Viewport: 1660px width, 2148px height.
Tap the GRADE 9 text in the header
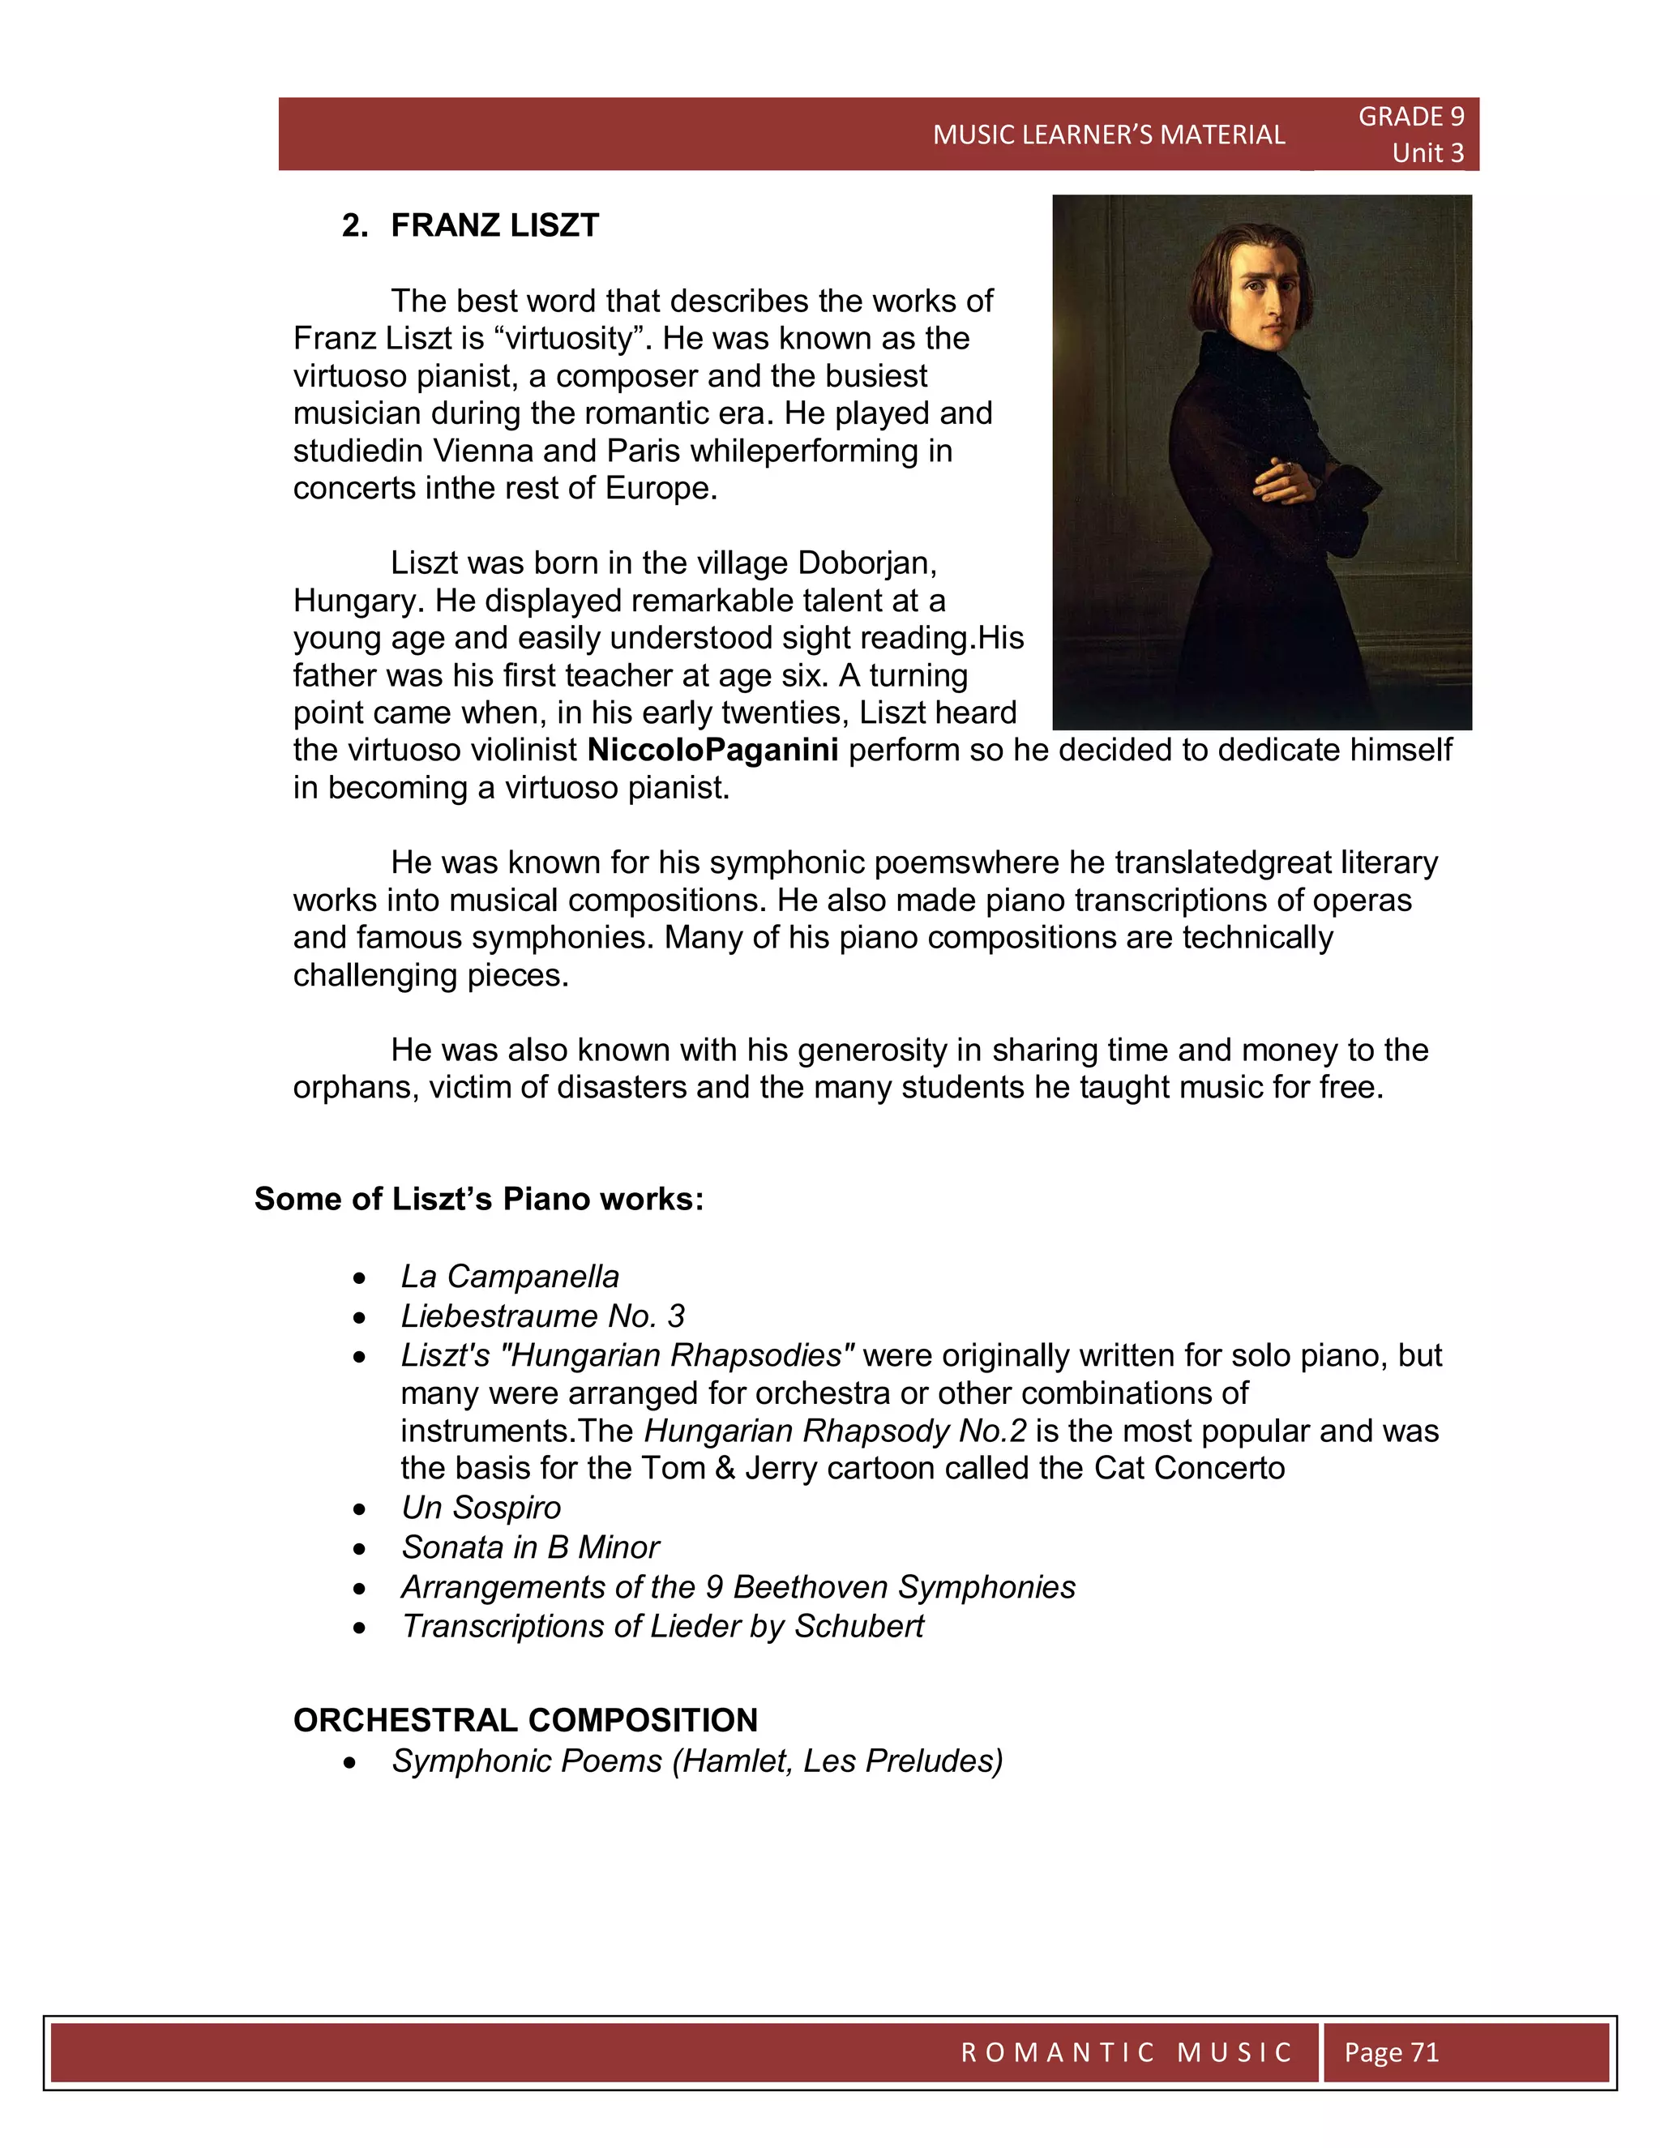tap(1410, 117)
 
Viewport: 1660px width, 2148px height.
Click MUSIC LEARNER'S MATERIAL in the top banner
tap(1108, 135)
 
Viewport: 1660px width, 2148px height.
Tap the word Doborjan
tap(866, 563)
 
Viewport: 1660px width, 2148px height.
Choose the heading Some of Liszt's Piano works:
tap(479, 1199)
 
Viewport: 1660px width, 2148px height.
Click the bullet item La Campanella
tap(509, 1277)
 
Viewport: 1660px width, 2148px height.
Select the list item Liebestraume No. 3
tap(542, 1316)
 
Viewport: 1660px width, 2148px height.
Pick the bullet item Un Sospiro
tap(481, 1508)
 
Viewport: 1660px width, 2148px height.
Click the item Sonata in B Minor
tap(530, 1547)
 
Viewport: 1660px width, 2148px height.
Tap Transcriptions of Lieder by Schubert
tap(662, 1627)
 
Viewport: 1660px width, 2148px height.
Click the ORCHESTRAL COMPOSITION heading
tap(525, 1720)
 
